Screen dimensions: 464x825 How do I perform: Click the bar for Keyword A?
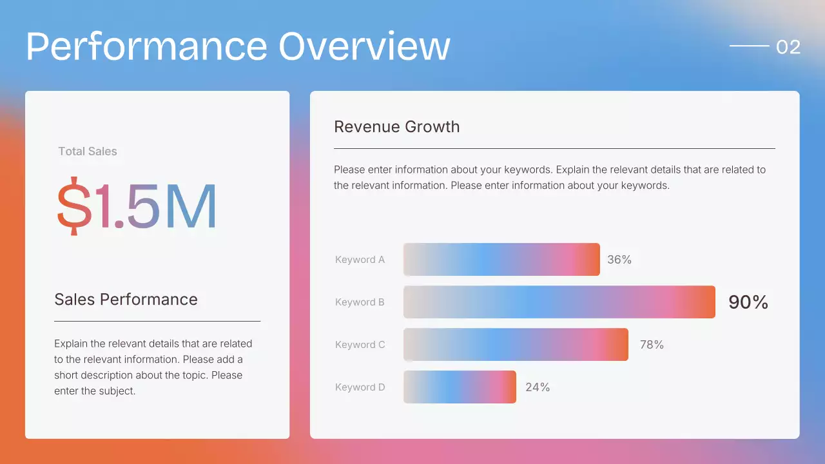[501, 259]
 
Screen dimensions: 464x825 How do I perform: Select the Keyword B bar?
[559, 302]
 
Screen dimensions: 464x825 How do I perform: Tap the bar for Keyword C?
[516, 344]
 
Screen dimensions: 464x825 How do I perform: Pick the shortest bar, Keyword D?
[460, 387]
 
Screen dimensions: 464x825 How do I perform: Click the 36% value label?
[619, 260]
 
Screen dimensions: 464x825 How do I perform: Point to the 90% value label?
[748, 302]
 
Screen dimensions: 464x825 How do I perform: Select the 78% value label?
[652, 345]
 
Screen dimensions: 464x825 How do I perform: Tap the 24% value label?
[538, 387]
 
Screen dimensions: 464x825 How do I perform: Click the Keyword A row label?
[360, 260]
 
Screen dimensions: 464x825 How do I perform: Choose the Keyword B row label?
[360, 302]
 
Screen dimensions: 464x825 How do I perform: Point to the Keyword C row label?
[360, 345]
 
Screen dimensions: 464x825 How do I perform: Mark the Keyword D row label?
[360, 387]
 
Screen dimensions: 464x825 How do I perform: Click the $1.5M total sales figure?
[137, 206]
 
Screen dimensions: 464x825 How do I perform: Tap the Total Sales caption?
[88, 151]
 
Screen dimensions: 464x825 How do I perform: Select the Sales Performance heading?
[126, 299]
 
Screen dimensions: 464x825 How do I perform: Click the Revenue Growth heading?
[397, 126]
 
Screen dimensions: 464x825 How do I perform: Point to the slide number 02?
[788, 47]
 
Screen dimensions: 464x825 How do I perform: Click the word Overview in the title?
[364, 46]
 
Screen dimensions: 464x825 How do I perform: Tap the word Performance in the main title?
[146, 46]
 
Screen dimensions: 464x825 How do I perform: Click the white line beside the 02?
[749, 46]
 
